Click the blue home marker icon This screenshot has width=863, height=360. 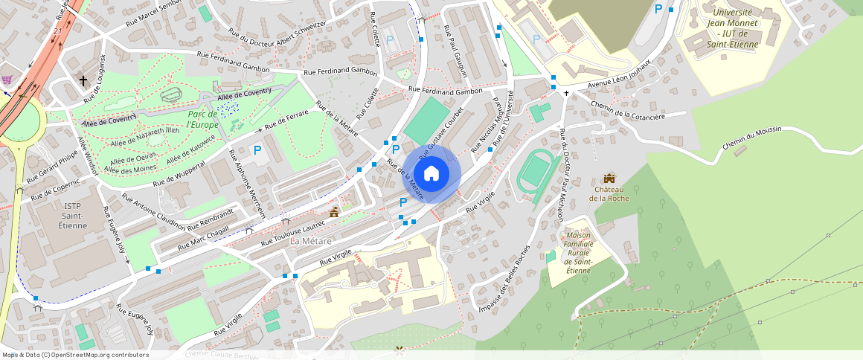point(431,174)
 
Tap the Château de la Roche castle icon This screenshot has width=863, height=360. point(609,179)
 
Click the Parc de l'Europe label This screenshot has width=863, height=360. point(202,118)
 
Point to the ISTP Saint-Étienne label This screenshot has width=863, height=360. point(72,215)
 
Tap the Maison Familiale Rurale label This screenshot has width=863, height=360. point(578,252)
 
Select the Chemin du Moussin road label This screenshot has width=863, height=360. point(752,139)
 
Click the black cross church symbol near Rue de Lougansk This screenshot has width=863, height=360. point(83,80)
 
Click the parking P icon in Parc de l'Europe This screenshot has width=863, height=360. point(257,150)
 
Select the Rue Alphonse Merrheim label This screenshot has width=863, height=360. point(248,184)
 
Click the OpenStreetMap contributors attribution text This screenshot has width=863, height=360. point(74,355)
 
